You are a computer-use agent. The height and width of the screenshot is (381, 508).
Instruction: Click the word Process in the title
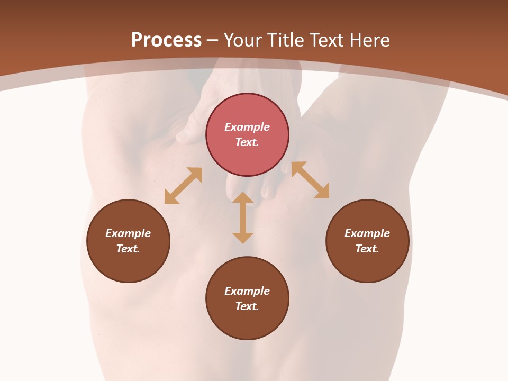coord(166,40)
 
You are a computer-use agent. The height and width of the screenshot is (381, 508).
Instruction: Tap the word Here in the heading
coord(370,40)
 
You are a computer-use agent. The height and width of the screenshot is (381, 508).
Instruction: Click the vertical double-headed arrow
coord(243,217)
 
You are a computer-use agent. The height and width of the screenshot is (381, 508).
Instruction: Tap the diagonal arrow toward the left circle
coord(183,186)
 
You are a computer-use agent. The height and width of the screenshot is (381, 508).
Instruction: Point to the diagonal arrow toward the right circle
coord(310,180)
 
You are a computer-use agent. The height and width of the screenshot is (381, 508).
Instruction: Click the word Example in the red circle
coord(247,127)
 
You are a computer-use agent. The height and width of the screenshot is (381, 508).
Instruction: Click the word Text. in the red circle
coord(247,142)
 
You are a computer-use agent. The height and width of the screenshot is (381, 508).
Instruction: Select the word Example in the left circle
coord(128,233)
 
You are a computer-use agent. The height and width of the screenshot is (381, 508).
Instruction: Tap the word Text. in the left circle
coord(128,249)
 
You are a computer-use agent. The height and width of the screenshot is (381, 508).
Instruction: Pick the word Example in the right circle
coord(367,233)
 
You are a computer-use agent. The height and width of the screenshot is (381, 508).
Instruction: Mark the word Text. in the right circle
coord(367,249)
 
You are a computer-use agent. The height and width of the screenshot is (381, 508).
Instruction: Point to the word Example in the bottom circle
coord(247,291)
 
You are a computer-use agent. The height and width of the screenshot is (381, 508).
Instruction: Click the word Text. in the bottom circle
coord(247,306)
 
